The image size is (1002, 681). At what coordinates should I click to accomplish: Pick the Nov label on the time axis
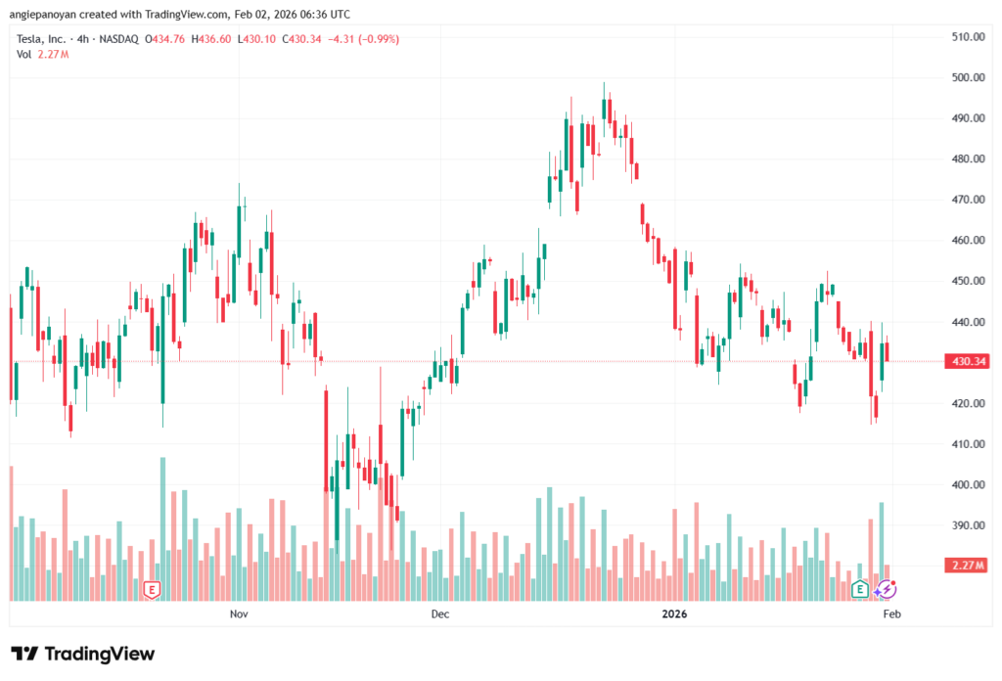tap(238, 614)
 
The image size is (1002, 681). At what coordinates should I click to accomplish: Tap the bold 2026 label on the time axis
tap(674, 614)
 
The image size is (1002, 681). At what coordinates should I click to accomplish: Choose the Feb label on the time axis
tap(891, 614)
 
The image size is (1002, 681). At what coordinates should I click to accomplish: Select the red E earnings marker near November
tap(151, 589)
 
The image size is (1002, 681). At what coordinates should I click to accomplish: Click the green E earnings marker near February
tap(860, 589)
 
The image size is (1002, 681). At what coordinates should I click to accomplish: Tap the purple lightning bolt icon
tap(886, 589)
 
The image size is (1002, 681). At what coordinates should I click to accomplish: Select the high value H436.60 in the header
tap(211, 39)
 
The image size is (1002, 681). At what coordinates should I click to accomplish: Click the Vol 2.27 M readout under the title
tap(34, 54)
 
